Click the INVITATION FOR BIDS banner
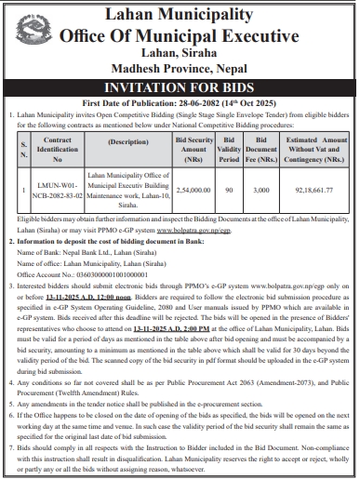click(180, 87)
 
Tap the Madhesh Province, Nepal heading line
click(180, 69)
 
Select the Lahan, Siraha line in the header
click(180, 53)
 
